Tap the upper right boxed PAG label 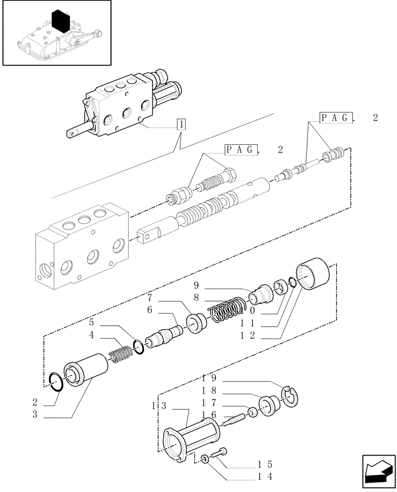click(x=337, y=118)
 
